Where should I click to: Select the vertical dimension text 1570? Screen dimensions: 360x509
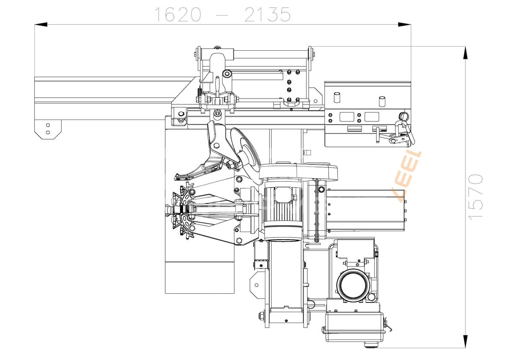476,196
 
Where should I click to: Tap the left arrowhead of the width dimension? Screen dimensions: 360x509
41,25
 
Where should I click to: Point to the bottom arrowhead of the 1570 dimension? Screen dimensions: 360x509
465,341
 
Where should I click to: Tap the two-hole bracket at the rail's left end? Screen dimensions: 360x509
48,129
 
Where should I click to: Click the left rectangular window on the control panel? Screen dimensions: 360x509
347,117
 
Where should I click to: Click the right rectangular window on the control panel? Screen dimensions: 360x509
371,117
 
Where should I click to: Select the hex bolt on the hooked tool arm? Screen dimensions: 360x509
217,145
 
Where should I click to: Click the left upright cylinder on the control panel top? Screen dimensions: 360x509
336,97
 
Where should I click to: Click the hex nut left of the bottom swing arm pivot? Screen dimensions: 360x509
262,315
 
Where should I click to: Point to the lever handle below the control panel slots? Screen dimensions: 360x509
379,136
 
